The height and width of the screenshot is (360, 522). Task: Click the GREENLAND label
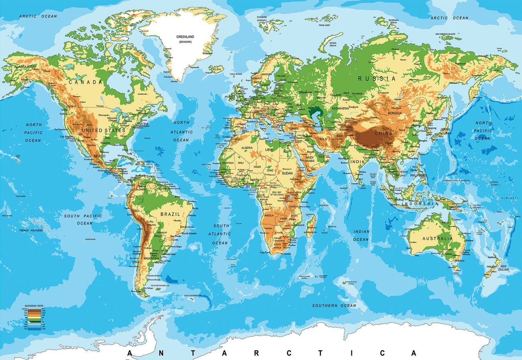coord(185,37)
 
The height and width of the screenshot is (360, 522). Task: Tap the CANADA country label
coord(86,82)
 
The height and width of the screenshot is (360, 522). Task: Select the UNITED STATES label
coord(103,130)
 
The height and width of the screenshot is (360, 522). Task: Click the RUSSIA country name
coord(377,79)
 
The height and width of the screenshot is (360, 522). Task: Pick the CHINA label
coord(383,133)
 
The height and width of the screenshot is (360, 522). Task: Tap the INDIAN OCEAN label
coord(361,236)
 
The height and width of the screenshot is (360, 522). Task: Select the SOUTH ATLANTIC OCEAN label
coord(220,234)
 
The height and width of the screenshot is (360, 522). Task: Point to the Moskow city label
coord(305,92)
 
